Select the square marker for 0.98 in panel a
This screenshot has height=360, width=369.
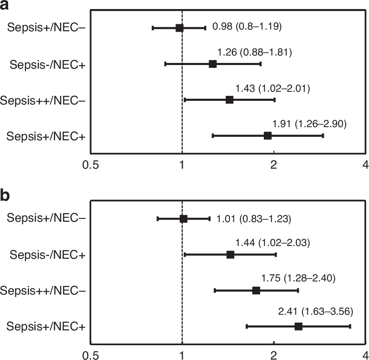[180, 28]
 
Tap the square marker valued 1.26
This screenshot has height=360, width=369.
[212, 64]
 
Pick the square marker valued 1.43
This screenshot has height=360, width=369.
[229, 100]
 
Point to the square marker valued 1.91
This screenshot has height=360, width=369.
[268, 135]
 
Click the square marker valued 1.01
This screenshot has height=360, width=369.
[183, 218]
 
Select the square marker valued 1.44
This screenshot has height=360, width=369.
[230, 255]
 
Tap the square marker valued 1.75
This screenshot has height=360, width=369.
[256, 290]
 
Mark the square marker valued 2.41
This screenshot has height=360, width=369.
[298, 326]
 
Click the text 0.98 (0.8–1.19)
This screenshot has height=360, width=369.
[247, 27]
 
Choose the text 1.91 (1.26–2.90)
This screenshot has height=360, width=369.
[309, 124]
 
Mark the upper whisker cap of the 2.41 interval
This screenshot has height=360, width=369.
[350, 326]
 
